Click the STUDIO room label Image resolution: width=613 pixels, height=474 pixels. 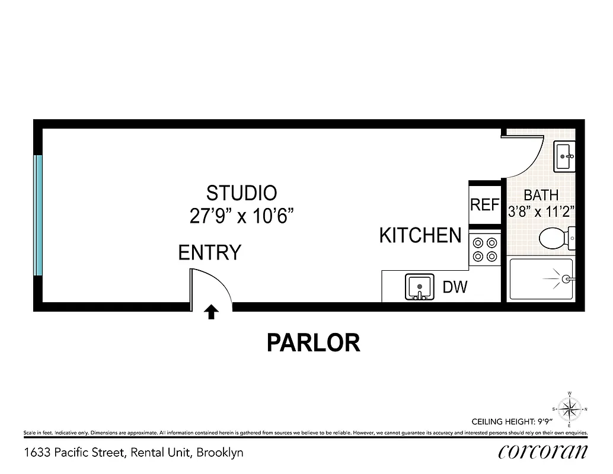click(x=241, y=193)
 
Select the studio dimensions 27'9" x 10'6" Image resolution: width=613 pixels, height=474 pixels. click(x=242, y=216)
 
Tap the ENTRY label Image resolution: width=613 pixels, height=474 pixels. click(x=210, y=253)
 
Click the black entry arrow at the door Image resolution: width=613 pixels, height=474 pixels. click(x=211, y=312)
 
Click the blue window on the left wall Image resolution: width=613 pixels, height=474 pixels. click(x=39, y=216)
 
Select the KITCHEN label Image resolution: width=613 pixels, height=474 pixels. click(x=420, y=235)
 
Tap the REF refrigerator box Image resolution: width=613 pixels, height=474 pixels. click(x=484, y=205)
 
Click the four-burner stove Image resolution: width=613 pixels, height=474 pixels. click(x=484, y=249)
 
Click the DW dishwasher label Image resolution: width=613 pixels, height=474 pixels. click(x=455, y=288)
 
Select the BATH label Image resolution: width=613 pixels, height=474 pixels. click(x=541, y=194)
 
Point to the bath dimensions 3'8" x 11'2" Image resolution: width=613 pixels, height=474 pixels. click(x=542, y=212)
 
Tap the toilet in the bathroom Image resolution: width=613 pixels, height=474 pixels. click(x=555, y=239)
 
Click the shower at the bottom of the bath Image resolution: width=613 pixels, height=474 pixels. click(x=541, y=279)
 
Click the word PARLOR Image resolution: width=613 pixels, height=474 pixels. click(x=313, y=342)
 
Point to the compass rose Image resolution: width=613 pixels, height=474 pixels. click(x=570, y=409)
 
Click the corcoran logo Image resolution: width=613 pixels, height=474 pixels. click(x=543, y=452)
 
